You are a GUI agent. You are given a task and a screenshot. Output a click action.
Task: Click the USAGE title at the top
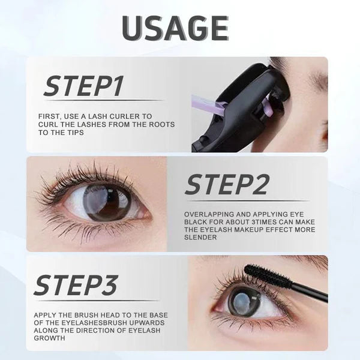pyautogui.click(x=175, y=28)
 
